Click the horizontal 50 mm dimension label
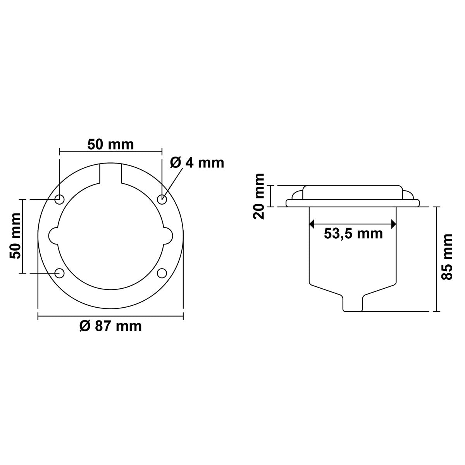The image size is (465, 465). [110, 145]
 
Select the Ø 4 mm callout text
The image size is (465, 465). [197, 162]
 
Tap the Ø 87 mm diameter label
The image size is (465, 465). [110, 326]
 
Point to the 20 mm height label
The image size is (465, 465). [259, 196]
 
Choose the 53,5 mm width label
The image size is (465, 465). [353, 234]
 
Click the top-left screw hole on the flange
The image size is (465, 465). [59, 200]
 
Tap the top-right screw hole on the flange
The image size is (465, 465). [162, 200]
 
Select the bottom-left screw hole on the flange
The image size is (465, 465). [59, 273]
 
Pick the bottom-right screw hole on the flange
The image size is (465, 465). [162, 273]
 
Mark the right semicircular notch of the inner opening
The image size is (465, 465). [167, 236]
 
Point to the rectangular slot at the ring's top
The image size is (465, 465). [110, 172]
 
